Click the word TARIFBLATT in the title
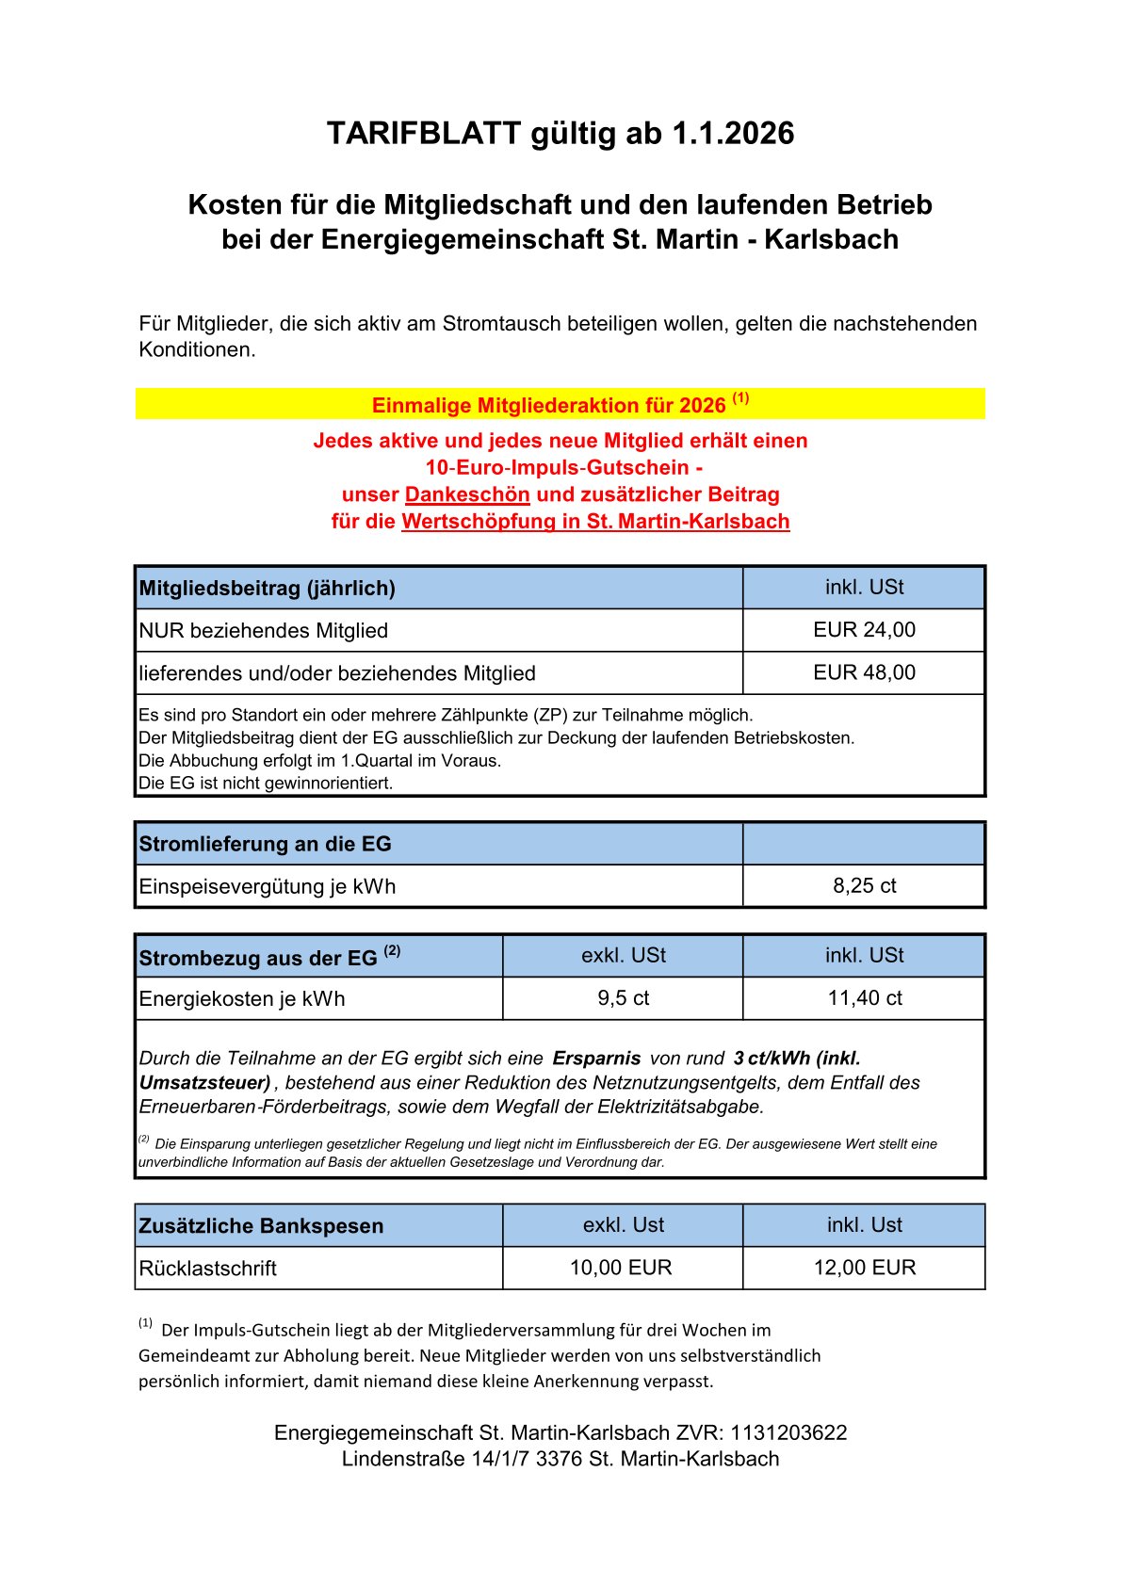click(x=423, y=134)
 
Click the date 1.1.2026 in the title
click(x=733, y=134)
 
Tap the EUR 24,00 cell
click(x=864, y=630)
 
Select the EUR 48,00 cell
click(x=864, y=672)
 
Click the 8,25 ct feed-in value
click(x=864, y=885)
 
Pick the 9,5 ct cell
click(x=623, y=998)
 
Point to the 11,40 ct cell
click(x=864, y=998)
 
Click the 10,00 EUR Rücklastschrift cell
click(x=621, y=1268)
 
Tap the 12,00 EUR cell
click(x=864, y=1268)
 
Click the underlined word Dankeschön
click(x=467, y=494)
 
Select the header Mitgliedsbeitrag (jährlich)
click(x=267, y=589)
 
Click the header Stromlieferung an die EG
click(x=265, y=844)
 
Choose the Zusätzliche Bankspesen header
click(x=261, y=1226)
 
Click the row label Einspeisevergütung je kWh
click(x=267, y=886)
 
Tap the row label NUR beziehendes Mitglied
click(x=263, y=631)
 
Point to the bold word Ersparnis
click(x=596, y=1059)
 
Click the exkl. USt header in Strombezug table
click(x=623, y=956)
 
